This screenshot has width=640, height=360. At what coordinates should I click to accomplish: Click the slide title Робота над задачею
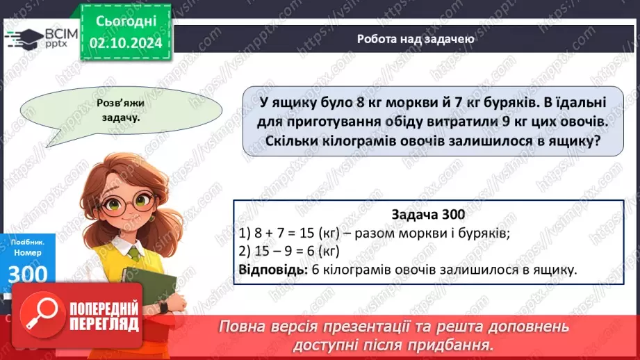[x=416, y=39]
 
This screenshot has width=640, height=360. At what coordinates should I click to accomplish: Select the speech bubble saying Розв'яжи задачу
[x=113, y=111]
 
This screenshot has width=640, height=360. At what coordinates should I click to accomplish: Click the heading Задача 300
[x=428, y=215]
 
